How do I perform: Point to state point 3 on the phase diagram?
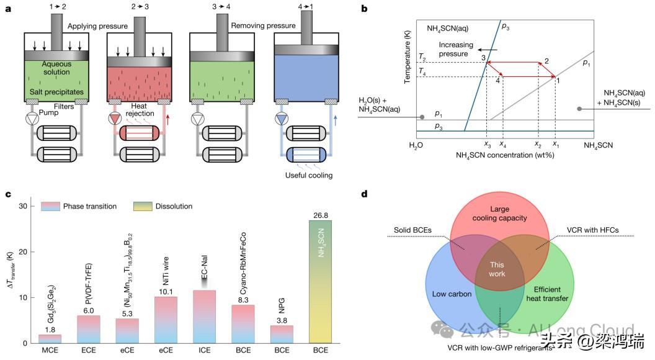tap(483, 58)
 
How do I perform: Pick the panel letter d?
tap(364, 194)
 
